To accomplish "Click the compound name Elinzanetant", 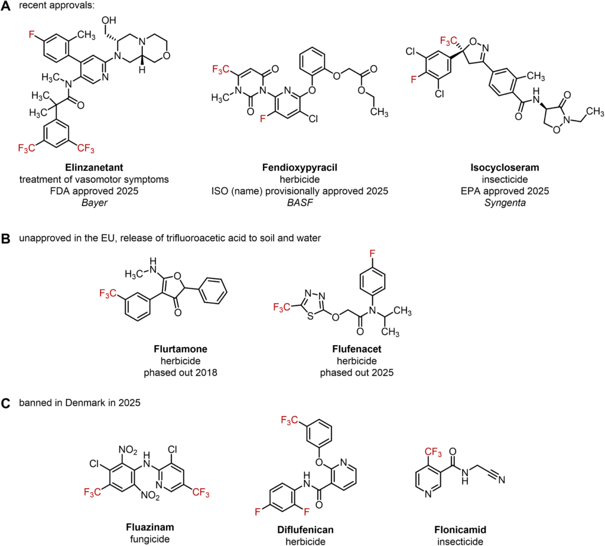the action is pos(94,167).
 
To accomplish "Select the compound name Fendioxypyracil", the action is pos(300,168).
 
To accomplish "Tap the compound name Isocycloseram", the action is pos(505,168).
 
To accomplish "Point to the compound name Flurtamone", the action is pos(181,349).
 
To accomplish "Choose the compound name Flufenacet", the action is pos(357,349).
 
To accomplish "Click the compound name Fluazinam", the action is pos(150,527).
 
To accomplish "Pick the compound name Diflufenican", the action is pos(305,530).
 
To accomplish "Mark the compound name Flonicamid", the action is pos(460,530).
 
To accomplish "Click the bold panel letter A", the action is pos(6,6).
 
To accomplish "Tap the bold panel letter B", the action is pos(6,239).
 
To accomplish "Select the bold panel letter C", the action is pos(6,403).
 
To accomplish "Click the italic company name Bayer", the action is pos(95,203).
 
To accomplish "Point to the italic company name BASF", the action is pos(300,203).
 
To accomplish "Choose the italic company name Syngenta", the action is pos(505,203).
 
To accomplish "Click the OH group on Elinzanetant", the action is pos(109,20).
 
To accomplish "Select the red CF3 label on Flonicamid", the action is pos(433,452).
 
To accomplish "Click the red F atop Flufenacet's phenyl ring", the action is pos(372,253).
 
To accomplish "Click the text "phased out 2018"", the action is pos(181,373).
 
